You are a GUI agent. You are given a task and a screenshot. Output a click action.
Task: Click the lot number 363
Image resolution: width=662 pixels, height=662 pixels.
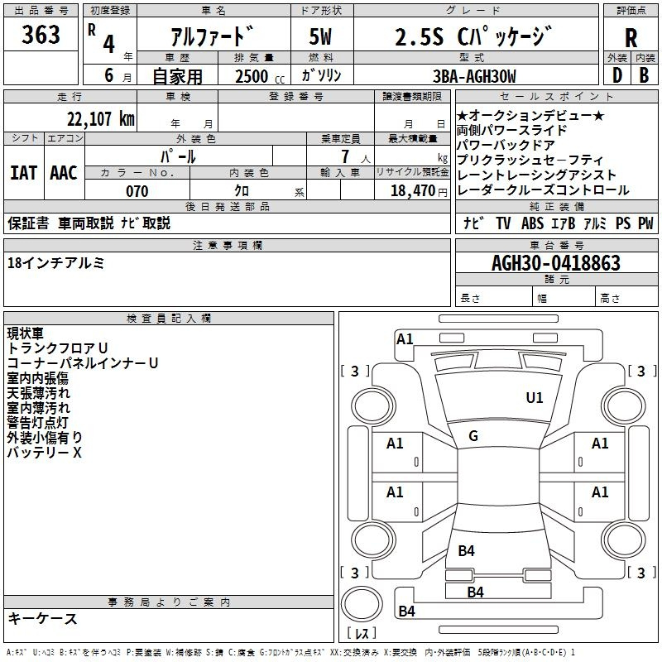(41, 35)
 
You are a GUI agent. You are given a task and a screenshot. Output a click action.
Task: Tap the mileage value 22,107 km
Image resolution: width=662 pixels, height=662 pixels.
(96, 118)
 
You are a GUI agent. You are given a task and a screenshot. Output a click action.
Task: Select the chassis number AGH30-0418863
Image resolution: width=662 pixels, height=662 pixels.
(555, 263)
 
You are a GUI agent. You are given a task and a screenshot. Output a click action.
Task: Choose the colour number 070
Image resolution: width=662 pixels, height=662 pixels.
(137, 191)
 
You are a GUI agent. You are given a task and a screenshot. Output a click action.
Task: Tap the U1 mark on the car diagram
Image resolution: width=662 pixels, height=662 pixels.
(535, 398)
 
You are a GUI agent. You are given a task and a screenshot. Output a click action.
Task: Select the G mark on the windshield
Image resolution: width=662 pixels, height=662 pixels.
(473, 436)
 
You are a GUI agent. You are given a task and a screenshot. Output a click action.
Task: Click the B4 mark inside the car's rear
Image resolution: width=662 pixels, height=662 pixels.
(467, 551)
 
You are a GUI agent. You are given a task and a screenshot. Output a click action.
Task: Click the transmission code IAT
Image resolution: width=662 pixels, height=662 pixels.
(23, 173)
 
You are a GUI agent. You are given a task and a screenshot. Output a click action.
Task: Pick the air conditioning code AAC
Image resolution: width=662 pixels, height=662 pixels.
(64, 173)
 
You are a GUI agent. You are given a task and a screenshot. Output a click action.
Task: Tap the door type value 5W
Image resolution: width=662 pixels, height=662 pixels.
(321, 38)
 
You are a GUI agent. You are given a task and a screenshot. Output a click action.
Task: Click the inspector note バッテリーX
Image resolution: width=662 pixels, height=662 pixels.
(45, 453)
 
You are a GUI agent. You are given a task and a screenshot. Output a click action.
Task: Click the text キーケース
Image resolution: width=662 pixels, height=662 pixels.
(42, 619)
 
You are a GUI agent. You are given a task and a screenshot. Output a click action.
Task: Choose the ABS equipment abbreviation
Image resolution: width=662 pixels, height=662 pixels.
(534, 223)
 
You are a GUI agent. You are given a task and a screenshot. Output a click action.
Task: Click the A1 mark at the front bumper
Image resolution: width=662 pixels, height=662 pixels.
(405, 338)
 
